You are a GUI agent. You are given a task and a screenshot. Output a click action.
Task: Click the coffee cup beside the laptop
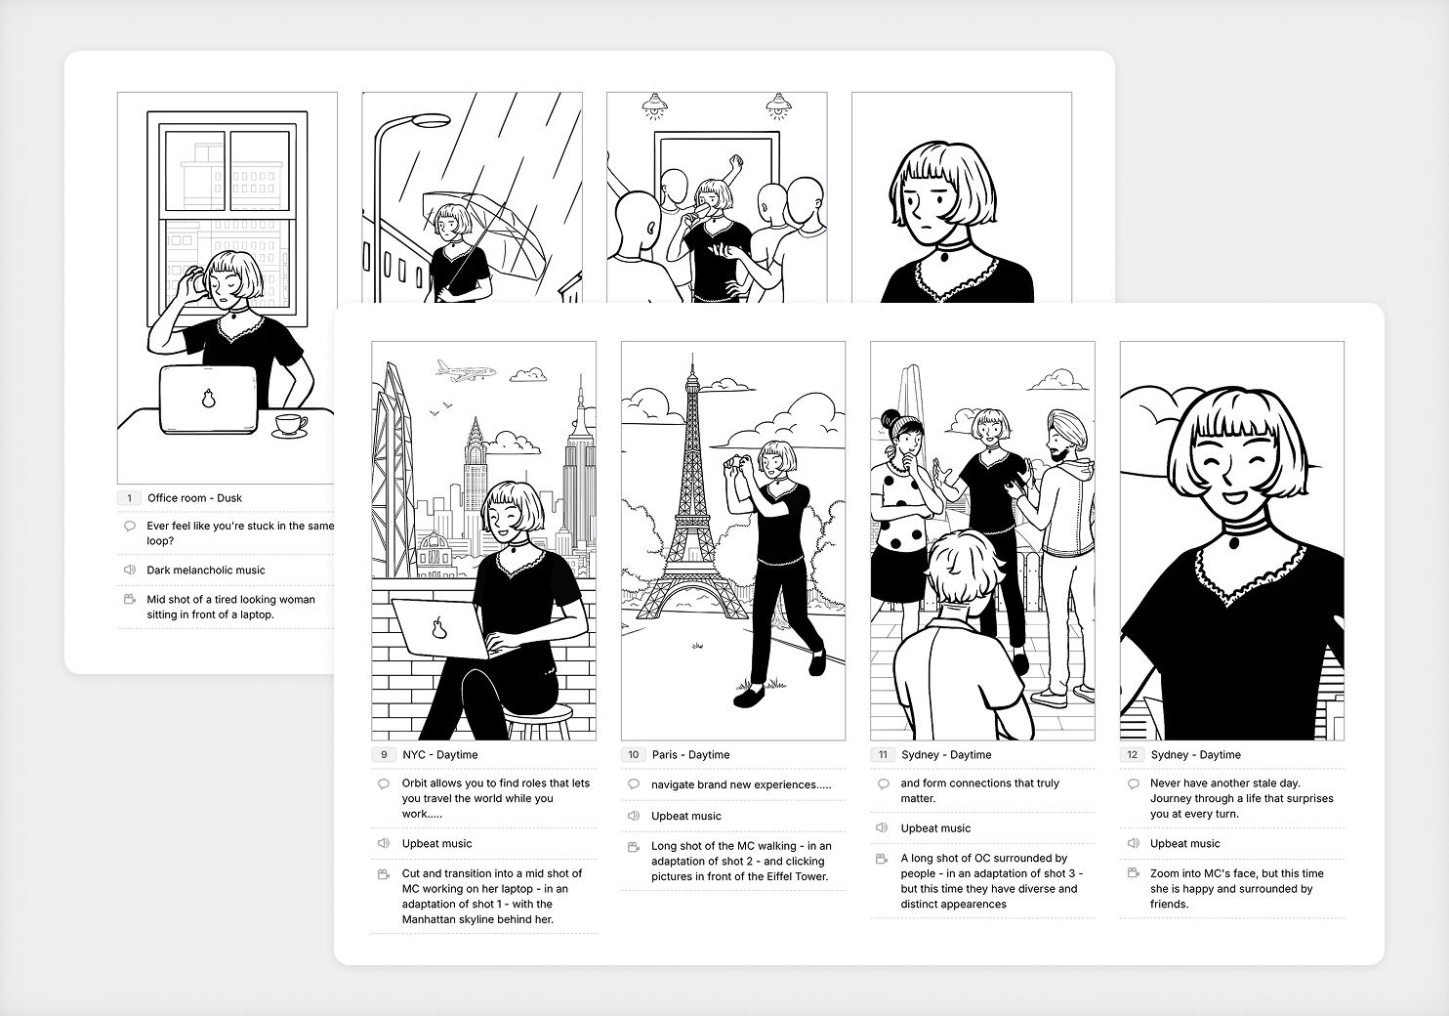(288, 425)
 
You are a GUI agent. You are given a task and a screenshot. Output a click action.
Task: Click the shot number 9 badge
(384, 755)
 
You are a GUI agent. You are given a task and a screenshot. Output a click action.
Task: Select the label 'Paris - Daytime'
(690, 755)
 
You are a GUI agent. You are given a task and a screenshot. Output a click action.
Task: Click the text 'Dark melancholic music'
(206, 571)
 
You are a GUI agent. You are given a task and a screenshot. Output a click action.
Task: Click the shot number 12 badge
(1133, 755)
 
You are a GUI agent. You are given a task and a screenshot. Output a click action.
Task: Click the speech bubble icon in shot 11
(883, 783)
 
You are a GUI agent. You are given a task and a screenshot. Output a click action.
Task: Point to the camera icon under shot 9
(384, 874)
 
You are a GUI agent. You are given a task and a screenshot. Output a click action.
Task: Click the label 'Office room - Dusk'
(194, 498)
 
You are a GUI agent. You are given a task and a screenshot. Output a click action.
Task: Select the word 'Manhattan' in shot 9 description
(434, 920)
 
